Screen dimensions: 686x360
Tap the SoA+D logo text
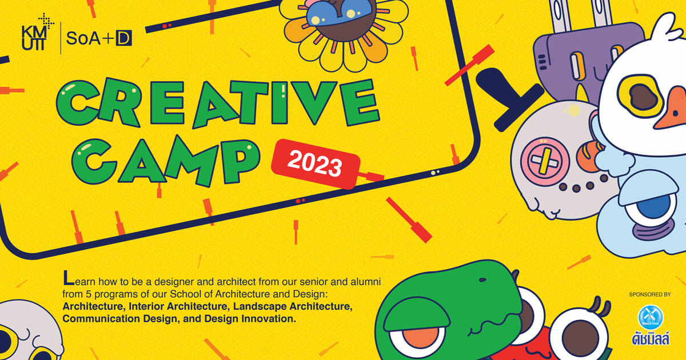99,38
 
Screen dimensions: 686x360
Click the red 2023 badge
316,163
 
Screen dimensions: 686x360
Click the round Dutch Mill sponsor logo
651,317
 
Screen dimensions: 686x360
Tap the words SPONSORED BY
650,294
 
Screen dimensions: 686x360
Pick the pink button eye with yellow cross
545,161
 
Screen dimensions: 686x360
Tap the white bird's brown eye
644,97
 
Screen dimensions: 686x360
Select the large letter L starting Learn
69,277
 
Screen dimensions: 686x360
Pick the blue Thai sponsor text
651,339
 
